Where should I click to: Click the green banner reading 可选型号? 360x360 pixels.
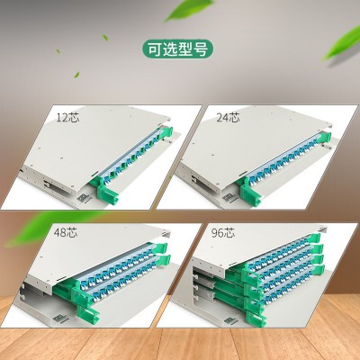tap(177, 49)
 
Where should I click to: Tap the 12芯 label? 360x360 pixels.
tap(68, 117)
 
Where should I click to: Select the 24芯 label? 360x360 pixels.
tap(229, 117)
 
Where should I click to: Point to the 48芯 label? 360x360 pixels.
tap(66, 232)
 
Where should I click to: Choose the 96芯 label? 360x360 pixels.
tap(223, 232)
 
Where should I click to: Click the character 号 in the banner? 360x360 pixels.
tap(201, 49)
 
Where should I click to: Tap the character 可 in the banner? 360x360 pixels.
tap(154, 49)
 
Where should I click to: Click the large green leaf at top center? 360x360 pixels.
tap(188, 10)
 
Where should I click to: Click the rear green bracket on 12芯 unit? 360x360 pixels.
tap(166, 132)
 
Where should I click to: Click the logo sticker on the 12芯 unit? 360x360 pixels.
tap(81, 199)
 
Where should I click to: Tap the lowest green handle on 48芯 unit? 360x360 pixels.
tap(88, 312)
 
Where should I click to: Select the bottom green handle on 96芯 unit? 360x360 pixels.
tap(256, 317)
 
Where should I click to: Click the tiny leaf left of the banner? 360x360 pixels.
tap(105, 38)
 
